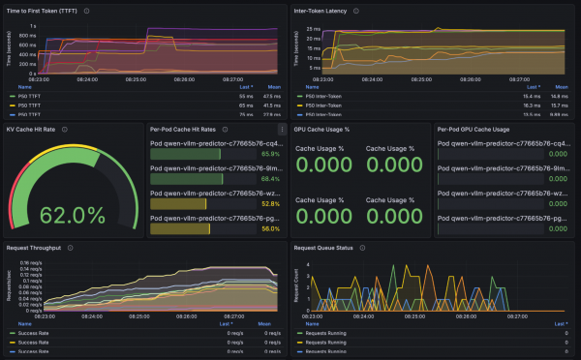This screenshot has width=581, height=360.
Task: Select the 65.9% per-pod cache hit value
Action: pyautogui.click(x=270, y=154)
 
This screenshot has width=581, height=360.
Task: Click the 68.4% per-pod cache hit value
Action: pyautogui.click(x=270, y=179)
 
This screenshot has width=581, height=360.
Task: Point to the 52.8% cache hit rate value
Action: pyautogui.click(x=270, y=204)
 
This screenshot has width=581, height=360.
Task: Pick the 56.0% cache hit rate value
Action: pyautogui.click(x=270, y=229)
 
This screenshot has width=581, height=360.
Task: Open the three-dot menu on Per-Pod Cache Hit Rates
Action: pyautogui.click(x=282, y=128)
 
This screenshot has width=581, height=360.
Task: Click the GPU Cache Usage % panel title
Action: pyautogui.click(x=322, y=128)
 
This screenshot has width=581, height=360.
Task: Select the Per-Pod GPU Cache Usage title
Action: pyautogui.click(x=474, y=128)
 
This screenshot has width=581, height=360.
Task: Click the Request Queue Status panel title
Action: pyautogui.click(x=327, y=248)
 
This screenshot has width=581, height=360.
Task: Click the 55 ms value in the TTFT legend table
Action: pyautogui.click(x=245, y=97)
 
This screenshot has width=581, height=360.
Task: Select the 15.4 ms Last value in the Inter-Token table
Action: pyautogui.click(x=531, y=97)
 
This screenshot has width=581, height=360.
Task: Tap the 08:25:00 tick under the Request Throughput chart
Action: pyautogui.click(x=136, y=315)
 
